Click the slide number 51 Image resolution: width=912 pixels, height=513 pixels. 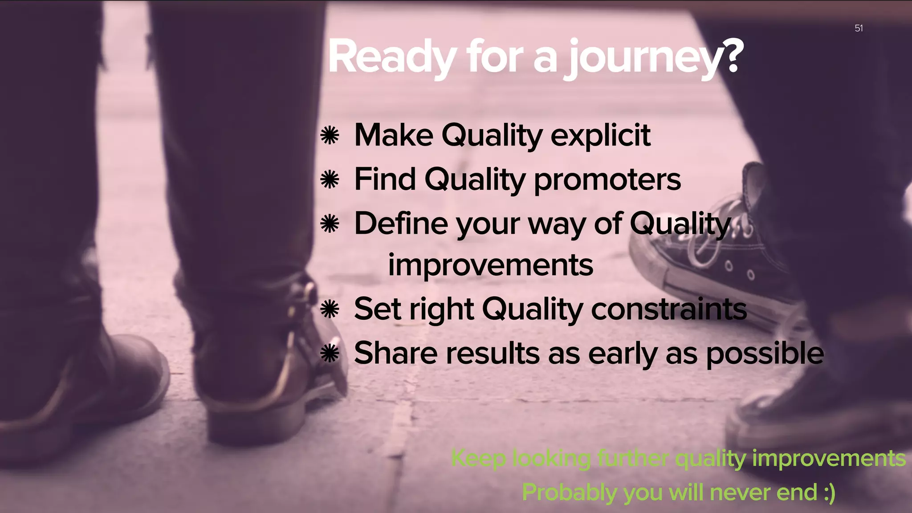[x=859, y=28]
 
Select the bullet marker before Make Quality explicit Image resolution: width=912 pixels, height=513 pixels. [x=330, y=135]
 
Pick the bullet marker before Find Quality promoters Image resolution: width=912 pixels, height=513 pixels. [x=330, y=180]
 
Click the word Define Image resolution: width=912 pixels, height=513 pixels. [x=401, y=223]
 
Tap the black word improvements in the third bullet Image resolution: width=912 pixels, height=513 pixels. [x=490, y=265]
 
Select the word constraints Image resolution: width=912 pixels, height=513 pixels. [x=668, y=309]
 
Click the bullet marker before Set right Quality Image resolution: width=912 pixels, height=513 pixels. [x=330, y=309]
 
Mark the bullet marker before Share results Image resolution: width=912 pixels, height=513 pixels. [x=330, y=354]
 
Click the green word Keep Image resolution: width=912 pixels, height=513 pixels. [x=478, y=459]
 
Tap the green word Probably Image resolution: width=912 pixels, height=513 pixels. [x=570, y=493]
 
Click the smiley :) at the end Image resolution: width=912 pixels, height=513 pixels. [x=828, y=493]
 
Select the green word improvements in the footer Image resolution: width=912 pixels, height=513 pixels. [x=829, y=459]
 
